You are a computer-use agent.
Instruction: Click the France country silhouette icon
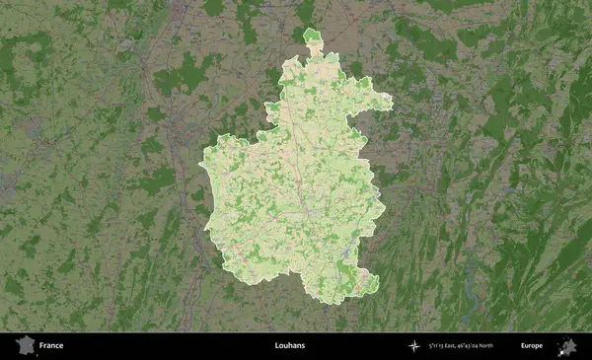click(23, 345)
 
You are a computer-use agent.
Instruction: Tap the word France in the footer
click(53, 346)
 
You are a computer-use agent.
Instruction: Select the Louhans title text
click(290, 346)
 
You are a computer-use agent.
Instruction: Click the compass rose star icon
click(413, 346)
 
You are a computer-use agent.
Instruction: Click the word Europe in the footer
click(532, 346)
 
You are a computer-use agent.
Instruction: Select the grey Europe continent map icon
click(567, 346)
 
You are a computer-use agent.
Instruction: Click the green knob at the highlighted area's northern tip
click(313, 38)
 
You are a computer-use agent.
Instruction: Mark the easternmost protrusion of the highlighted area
click(390, 103)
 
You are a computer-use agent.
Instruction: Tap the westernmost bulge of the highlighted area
click(204, 168)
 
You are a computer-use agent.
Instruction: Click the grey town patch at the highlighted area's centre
click(309, 210)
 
